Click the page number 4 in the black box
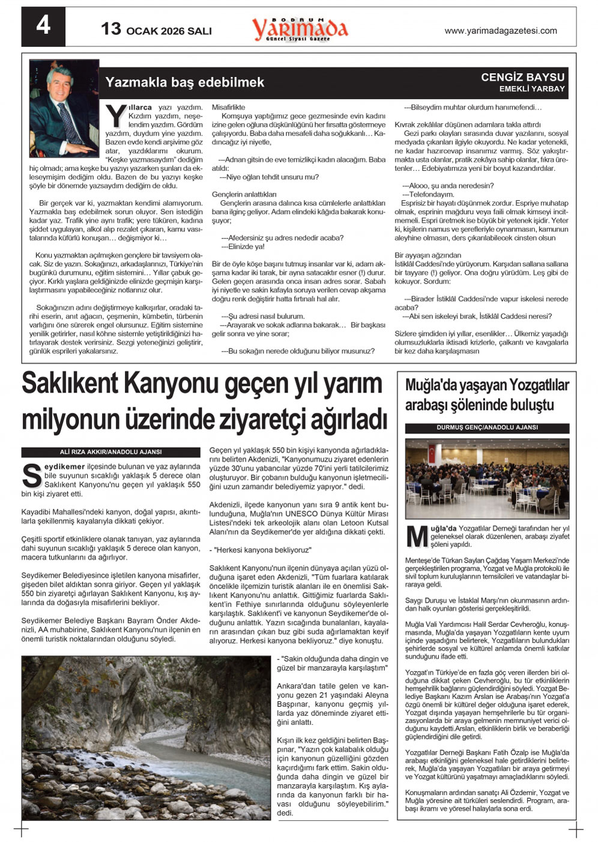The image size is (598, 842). (x=43, y=26)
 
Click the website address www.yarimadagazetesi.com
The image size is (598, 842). (x=501, y=31)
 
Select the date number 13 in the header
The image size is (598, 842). (x=111, y=29)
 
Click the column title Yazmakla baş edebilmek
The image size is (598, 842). (x=184, y=83)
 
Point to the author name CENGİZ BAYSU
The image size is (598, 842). (x=523, y=78)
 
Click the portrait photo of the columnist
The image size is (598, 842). (x=63, y=108)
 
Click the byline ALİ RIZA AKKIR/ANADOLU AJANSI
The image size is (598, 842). (x=110, y=452)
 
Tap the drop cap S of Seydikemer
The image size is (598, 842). (x=31, y=475)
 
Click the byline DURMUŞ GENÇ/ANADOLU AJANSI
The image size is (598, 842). (x=487, y=428)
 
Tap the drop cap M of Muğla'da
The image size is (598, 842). (x=417, y=537)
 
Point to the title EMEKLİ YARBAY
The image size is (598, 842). (x=532, y=89)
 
